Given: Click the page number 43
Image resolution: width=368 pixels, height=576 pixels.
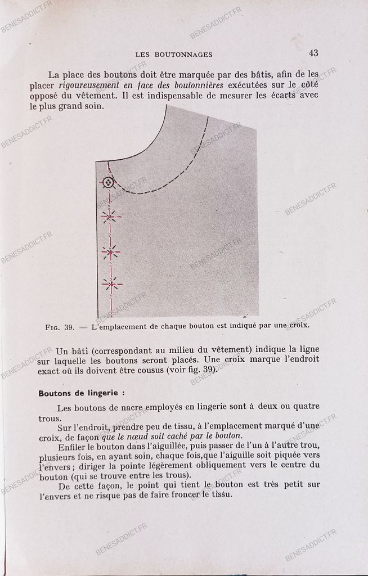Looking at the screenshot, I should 313,53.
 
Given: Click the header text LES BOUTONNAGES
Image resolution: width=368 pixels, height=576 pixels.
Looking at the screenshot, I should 174,55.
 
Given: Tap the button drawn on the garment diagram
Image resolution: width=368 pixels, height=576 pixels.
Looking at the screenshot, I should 109,182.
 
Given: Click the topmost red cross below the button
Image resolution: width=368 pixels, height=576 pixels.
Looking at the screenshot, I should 111,215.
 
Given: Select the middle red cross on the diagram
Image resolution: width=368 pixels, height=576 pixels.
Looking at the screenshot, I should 111,251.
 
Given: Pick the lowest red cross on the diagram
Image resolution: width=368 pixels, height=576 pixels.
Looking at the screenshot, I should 112,285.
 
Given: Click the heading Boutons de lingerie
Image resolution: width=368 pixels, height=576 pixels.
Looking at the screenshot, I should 82,393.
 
